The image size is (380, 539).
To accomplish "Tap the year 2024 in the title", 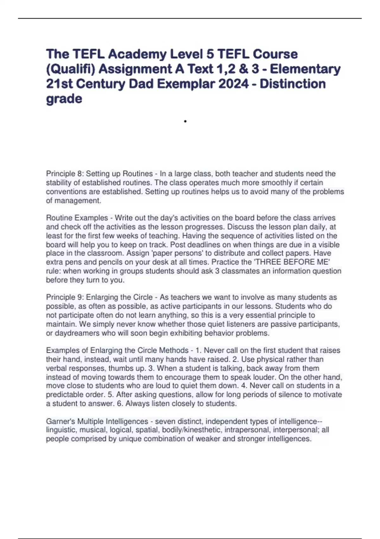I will (232, 84).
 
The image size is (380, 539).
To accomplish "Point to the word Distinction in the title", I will (293, 84).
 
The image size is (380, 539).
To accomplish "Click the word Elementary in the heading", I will (305, 69).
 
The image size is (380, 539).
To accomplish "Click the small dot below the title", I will (185, 121).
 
